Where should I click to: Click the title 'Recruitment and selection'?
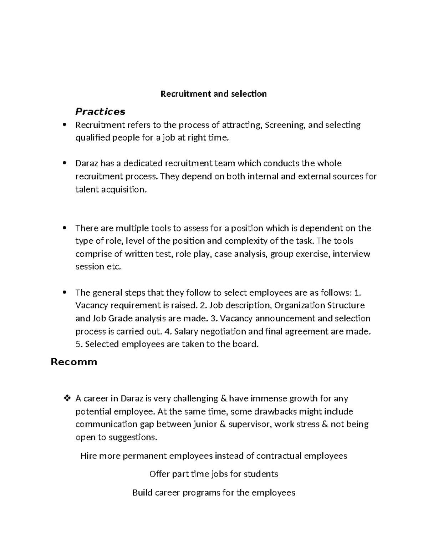(x=213, y=94)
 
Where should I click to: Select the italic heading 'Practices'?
(x=100, y=112)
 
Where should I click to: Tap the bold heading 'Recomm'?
(x=74, y=362)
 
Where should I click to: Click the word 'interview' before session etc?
(x=351, y=254)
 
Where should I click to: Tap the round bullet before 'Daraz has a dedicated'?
(x=65, y=163)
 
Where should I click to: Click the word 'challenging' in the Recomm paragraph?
(x=189, y=398)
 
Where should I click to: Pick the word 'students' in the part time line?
(x=260, y=474)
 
